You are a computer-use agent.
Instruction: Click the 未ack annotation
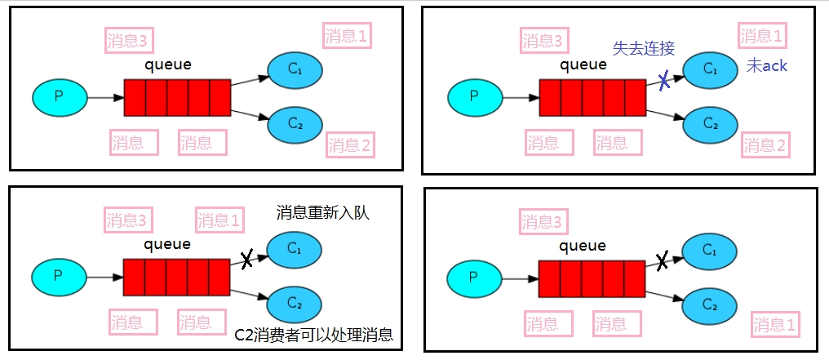click(767, 65)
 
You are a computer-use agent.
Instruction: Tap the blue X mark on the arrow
click(665, 80)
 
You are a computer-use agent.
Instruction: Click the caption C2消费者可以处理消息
click(313, 334)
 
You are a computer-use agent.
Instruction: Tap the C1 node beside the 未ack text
click(710, 69)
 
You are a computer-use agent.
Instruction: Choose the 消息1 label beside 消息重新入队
click(219, 220)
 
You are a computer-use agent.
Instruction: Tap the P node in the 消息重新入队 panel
click(59, 277)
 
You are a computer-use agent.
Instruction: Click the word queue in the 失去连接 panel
click(583, 64)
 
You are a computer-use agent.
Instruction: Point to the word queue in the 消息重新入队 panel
click(167, 243)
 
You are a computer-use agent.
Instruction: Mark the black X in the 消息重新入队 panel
click(247, 260)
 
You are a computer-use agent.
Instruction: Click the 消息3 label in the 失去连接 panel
click(543, 41)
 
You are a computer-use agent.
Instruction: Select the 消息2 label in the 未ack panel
click(765, 145)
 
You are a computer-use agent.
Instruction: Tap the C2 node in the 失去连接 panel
click(710, 124)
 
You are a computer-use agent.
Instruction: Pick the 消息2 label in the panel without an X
click(349, 145)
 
